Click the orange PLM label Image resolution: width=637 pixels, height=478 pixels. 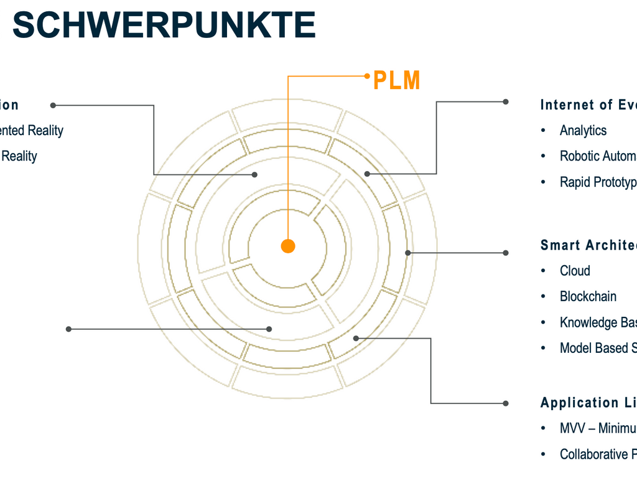click(x=396, y=80)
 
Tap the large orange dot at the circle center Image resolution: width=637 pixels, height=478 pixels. click(x=287, y=246)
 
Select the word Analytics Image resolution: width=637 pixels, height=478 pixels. click(x=583, y=130)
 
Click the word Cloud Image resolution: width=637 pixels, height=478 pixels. click(x=575, y=271)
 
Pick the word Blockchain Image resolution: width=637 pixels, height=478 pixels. click(x=588, y=296)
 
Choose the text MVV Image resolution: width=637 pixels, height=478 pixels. click(x=573, y=428)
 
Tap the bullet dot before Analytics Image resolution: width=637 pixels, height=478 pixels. click(x=544, y=130)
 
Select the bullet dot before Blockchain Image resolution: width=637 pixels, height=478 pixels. click(x=544, y=296)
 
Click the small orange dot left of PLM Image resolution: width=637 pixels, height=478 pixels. click(x=368, y=77)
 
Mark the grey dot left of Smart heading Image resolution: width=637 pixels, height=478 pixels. click(x=506, y=253)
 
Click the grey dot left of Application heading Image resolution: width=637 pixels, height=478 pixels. click(x=506, y=403)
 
